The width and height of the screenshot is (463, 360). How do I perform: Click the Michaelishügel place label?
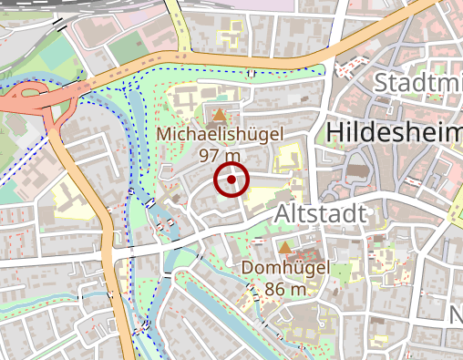click(220, 134)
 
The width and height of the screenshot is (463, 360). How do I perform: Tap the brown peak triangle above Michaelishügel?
click(220, 115)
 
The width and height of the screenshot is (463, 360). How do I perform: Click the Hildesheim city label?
click(393, 133)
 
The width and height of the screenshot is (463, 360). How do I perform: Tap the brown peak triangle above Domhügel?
click(285, 248)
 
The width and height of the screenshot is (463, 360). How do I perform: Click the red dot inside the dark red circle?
click(231, 180)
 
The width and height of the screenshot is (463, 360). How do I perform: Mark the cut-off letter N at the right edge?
click(456, 314)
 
